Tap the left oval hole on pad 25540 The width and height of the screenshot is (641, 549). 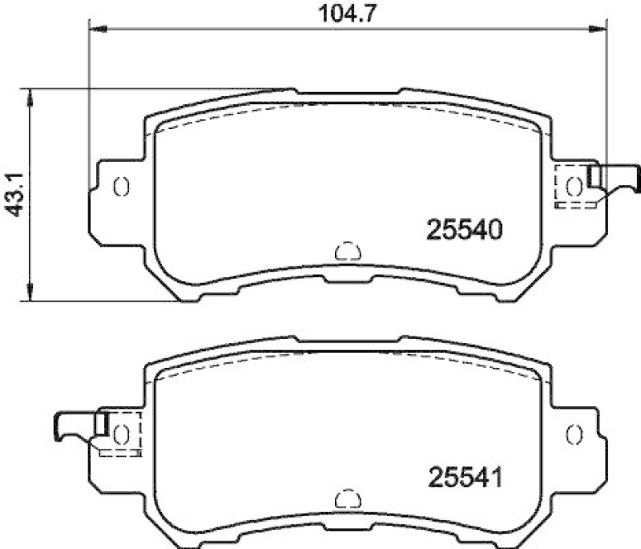(x=122, y=186)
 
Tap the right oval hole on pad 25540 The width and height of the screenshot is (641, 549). (x=574, y=186)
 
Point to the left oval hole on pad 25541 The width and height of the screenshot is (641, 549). (x=122, y=434)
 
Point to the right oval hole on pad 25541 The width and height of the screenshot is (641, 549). (x=574, y=434)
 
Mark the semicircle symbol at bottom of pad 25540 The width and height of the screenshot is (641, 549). (x=347, y=252)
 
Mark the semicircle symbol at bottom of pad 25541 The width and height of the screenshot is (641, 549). (x=347, y=499)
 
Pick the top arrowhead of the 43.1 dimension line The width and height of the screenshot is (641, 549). (x=30, y=95)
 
